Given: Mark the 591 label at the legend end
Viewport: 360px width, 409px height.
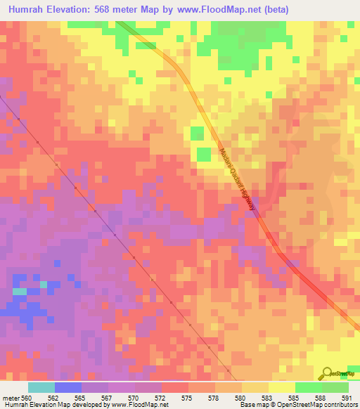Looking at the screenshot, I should [x=346, y=397].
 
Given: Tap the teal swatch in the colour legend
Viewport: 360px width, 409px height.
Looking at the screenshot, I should [x=41, y=387].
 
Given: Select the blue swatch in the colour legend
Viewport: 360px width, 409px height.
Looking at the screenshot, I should [x=67, y=387].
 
